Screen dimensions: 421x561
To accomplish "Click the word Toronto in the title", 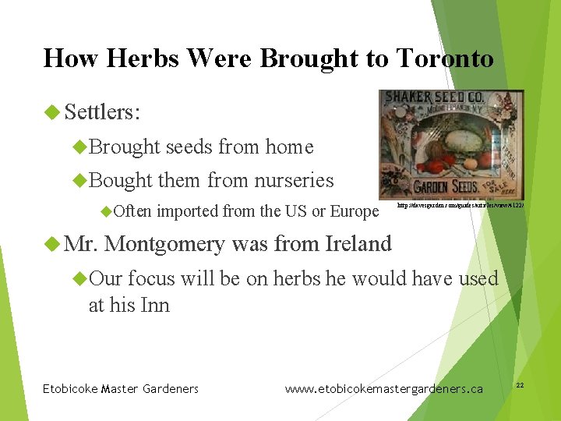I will [444, 58].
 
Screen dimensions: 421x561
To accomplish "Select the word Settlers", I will [101, 112].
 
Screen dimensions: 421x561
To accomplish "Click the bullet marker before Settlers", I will [52, 112].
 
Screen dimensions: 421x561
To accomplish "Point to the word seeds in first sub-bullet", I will [189, 147].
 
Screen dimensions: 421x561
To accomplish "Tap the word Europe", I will [355, 211].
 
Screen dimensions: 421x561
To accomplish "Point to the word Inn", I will [156, 305].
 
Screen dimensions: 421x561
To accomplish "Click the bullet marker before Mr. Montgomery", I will [52, 244].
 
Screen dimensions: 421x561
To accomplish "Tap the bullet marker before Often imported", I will [107, 211].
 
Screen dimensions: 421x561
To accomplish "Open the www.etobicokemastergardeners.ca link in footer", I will [383, 389].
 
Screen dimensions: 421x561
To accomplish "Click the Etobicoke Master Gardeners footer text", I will [120, 389].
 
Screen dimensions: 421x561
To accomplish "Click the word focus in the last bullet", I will [151, 278].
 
